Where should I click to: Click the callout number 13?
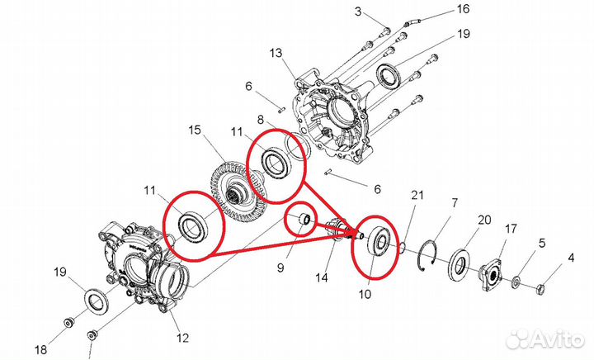click(x=276, y=52)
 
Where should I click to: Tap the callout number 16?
click(x=462, y=9)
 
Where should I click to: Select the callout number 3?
click(x=358, y=11)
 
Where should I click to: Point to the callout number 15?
click(x=195, y=130)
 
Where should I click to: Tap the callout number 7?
click(x=453, y=203)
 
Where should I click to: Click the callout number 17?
click(x=511, y=228)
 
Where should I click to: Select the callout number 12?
click(x=182, y=337)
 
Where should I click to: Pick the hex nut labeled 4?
click(x=543, y=289)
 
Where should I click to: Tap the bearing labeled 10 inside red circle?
click(x=378, y=244)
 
